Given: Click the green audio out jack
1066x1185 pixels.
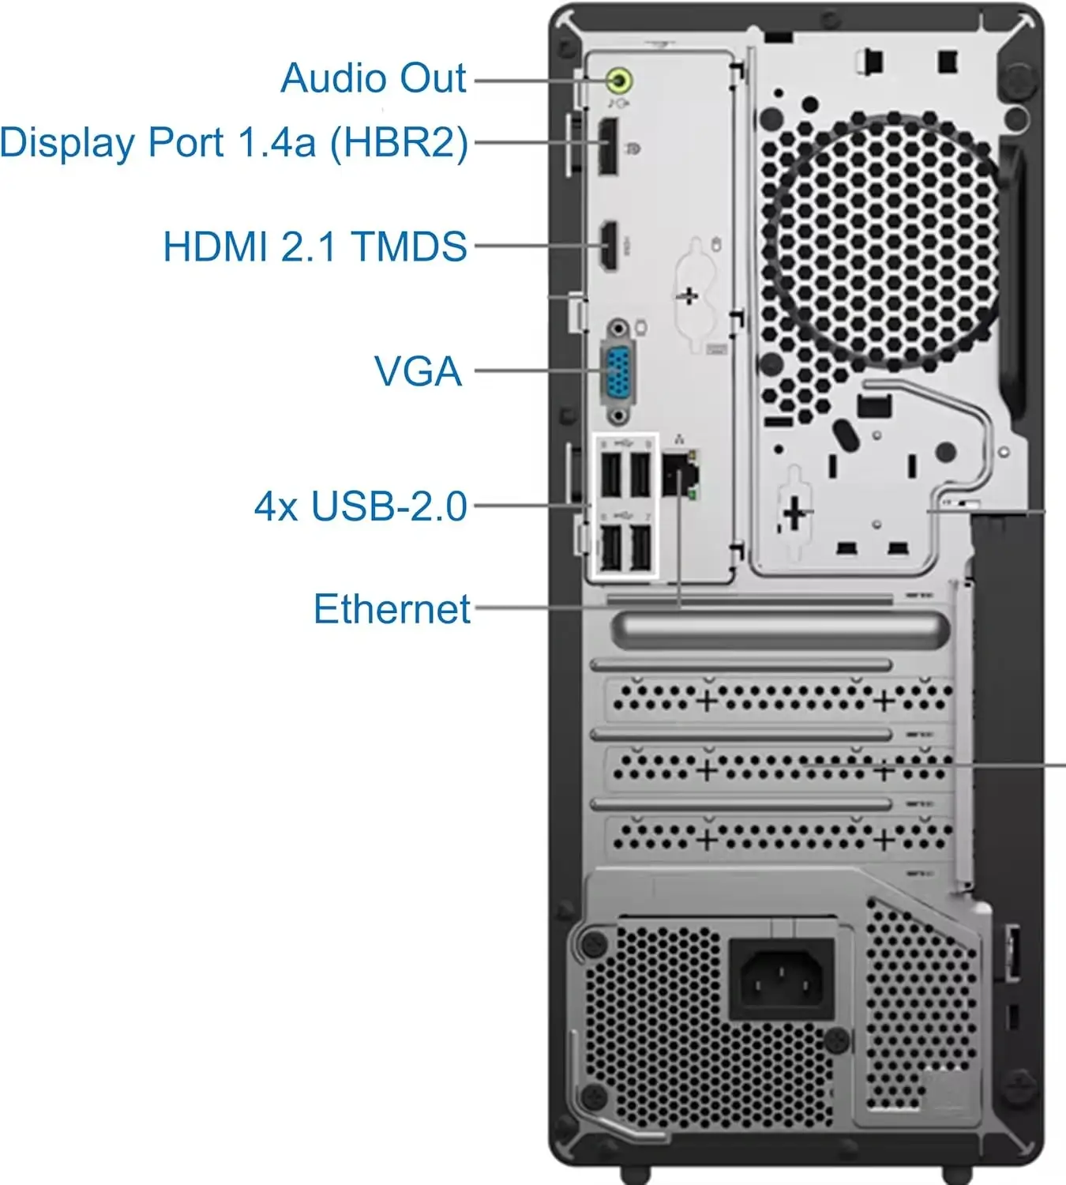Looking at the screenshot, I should click(619, 79).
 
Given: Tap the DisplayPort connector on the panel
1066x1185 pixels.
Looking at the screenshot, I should click(608, 146).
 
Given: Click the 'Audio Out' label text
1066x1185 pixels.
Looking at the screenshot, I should click(373, 78).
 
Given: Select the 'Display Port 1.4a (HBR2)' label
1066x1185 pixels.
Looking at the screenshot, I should click(234, 143).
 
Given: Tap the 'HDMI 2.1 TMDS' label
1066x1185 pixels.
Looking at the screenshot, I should click(315, 246).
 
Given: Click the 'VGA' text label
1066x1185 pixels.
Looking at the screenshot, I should click(418, 371).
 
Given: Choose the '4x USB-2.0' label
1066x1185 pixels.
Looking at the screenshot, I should click(361, 506).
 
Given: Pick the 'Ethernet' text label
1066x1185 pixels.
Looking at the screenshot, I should click(392, 608).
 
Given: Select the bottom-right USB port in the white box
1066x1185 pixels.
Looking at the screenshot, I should click(641, 547).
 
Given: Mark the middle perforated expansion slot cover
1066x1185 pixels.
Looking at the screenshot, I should click(778, 766).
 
